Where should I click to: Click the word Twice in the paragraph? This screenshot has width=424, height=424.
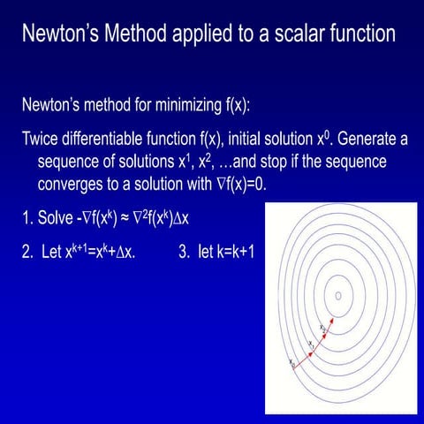(42, 139)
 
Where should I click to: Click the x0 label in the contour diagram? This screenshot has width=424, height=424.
(291, 361)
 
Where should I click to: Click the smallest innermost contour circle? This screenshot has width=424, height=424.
(338, 296)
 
